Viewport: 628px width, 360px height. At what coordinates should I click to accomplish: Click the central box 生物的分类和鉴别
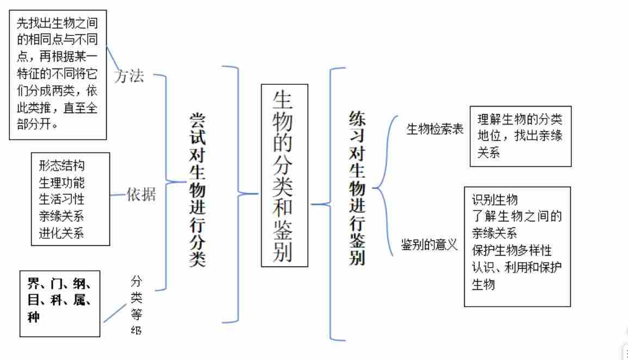click(284, 175)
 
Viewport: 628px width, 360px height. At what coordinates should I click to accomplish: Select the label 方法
click(130, 77)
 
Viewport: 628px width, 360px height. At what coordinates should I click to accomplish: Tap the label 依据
click(141, 195)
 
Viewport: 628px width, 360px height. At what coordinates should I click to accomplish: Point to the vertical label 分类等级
click(136, 305)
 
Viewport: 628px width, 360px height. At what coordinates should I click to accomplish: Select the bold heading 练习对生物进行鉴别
click(356, 188)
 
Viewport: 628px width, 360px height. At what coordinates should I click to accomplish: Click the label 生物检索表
click(435, 130)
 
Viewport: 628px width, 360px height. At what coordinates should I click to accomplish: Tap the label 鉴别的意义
click(429, 244)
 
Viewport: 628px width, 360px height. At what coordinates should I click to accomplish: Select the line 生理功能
click(61, 182)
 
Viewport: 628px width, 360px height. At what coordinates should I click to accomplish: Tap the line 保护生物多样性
click(512, 250)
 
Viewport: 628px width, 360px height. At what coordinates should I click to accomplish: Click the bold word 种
click(34, 317)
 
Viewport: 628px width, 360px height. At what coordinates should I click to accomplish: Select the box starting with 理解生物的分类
click(520, 136)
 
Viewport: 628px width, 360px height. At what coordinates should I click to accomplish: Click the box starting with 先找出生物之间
click(57, 75)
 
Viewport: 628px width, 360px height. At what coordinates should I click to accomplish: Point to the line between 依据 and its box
click(118, 195)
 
